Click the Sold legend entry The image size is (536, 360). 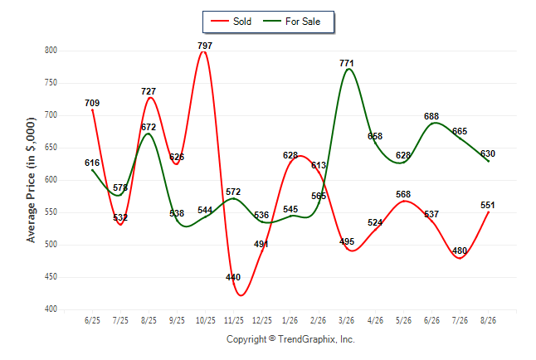click(x=231, y=22)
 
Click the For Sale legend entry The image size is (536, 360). click(x=291, y=22)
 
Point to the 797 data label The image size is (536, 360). click(x=205, y=46)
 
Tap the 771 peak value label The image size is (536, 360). click(x=347, y=63)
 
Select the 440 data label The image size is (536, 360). click(x=233, y=277)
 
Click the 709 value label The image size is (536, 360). click(x=92, y=103)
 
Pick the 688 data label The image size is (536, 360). click(x=431, y=116)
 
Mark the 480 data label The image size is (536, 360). click(x=460, y=251)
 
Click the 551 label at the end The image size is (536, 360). click(x=487, y=205)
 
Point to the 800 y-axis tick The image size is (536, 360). click(x=51, y=51)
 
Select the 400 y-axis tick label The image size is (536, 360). click(x=51, y=309)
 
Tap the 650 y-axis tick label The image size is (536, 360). click(x=51, y=148)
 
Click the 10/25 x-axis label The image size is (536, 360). click(x=206, y=320)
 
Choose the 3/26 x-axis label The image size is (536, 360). click(x=347, y=320)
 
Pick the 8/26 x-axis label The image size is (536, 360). click(x=488, y=320)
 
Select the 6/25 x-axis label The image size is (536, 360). click(x=92, y=320)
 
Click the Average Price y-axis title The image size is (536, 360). click(x=31, y=180)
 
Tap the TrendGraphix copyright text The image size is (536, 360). click(x=290, y=339)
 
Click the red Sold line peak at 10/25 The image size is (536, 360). click(x=204, y=52)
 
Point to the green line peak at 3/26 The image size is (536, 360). click(x=348, y=69)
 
